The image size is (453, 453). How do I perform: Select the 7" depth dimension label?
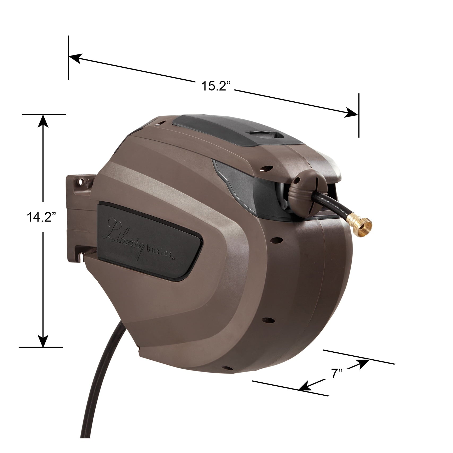(337, 374)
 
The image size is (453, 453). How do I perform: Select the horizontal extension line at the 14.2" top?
(44, 114)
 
